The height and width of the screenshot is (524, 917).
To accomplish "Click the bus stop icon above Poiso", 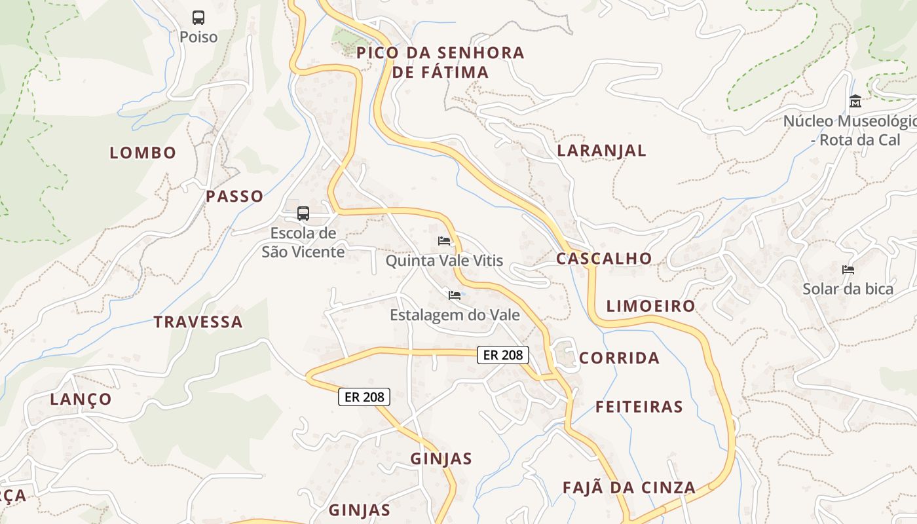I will pyautogui.click(x=198, y=18).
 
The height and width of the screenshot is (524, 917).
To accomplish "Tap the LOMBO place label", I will pyautogui.click(x=143, y=153).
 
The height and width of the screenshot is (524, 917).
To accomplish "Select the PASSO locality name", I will pyautogui.click(x=234, y=196).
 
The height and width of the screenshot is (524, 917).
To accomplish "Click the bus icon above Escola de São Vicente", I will pyautogui.click(x=303, y=213).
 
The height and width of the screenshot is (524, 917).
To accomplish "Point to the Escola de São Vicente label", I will pyautogui.click(x=303, y=242).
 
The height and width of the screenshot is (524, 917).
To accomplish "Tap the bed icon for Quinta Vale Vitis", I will pyautogui.click(x=444, y=241).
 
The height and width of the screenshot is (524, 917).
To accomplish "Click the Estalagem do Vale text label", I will pyautogui.click(x=455, y=315).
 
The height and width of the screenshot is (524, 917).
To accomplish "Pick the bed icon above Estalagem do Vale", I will pyautogui.click(x=454, y=295).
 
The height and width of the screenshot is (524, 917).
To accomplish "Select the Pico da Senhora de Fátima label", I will pyautogui.click(x=441, y=62).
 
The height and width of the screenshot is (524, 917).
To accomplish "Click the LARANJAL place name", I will pyautogui.click(x=601, y=151).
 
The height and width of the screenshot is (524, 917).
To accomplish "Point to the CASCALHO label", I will pyautogui.click(x=604, y=259).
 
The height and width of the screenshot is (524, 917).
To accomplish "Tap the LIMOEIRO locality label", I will pyautogui.click(x=650, y=306).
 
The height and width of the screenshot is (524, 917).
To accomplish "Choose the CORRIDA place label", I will pyautogui.click(x=619, y=358).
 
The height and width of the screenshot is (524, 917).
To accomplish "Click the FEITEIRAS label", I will pyautogui.click(x=639, y=407).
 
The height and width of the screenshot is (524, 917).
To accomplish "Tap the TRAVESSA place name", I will pyautogui.click(x=198, y=322).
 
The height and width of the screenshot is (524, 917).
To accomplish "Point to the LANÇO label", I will pyautogui.click(x=81, y=400).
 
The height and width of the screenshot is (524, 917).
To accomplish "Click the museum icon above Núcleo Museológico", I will pyautogui.click(x=855, y=102).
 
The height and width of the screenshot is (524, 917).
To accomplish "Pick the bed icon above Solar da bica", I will pyautogui.click(x=848, y=270).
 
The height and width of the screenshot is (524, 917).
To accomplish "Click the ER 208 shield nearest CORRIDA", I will pyautogui.click(x=502, y=355).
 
